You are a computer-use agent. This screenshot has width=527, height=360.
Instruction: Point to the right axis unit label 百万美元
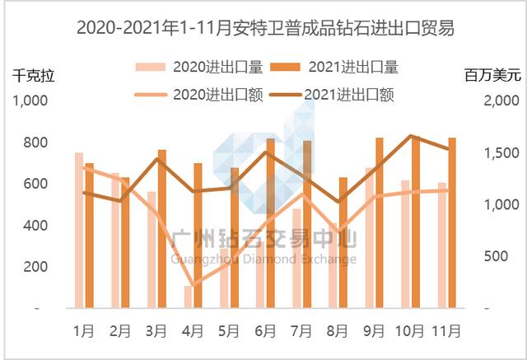pyautogui.click(x=492, y=77)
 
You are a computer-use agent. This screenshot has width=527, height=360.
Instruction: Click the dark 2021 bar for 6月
pyautogui.click(x=270, y=223)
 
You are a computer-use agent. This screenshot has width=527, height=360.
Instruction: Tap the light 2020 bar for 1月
pyautogui.click(x=79, y=230)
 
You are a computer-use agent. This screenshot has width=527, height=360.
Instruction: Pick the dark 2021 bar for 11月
pyautogui.click(x=452, y=222)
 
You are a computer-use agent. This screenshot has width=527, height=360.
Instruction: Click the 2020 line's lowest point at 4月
pyautogui.click(x=193, y=286)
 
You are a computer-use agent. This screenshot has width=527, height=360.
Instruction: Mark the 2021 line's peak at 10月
pyautogui.click(x=410, y=136)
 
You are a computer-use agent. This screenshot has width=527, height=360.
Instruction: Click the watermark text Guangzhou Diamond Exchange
pyautogui.click(x=263, y=259)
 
